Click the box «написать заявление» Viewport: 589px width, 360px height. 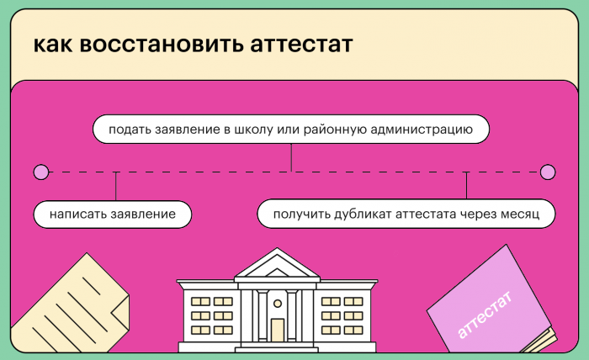112,214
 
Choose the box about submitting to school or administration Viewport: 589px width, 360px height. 290,130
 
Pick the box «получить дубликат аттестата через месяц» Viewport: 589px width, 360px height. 406,214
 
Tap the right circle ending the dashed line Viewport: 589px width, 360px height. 548,172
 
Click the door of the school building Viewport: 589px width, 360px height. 277,330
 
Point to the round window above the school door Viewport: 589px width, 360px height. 277,301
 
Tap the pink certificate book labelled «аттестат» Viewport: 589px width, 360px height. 491,303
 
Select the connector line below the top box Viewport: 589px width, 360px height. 291,157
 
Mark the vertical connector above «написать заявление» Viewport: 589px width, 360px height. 116,186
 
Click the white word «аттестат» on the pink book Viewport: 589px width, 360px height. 486,313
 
